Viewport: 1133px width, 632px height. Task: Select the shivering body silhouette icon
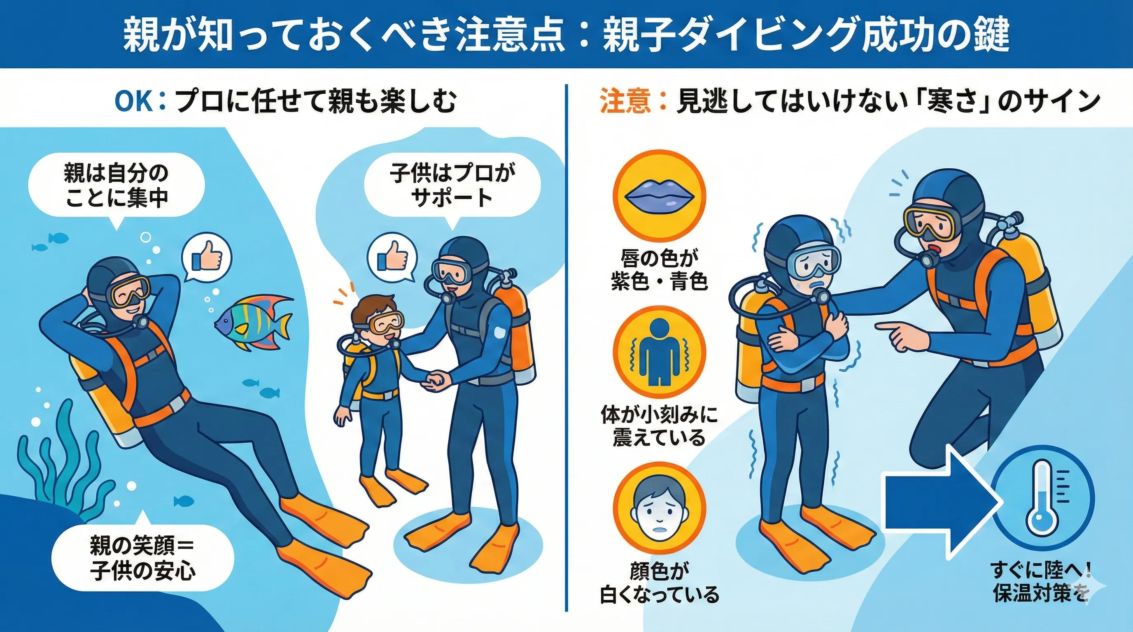point(659,353)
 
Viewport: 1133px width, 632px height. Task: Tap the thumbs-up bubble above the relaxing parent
point(207,259)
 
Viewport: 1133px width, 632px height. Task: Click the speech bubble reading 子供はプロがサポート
point(452,185)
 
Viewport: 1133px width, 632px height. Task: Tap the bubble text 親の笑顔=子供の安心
point(142,559)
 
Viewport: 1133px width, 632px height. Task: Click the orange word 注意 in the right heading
point(625,101)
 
